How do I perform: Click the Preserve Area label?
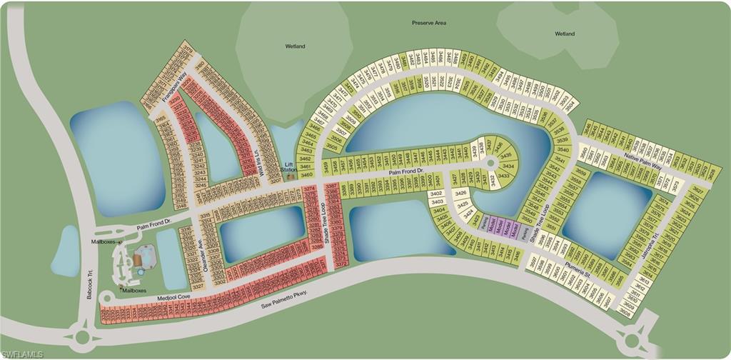(x=429, y=23)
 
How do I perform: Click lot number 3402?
(x=437, y=193)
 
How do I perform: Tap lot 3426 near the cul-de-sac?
(x=461, y=193)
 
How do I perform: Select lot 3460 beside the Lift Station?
(x=306, y=174)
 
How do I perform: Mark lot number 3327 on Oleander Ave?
(x=199, y=286)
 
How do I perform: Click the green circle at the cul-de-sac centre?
(x=490, y=164)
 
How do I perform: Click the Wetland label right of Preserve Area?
(x=565, y=33)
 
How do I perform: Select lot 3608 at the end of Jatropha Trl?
(x=626, y=312)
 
